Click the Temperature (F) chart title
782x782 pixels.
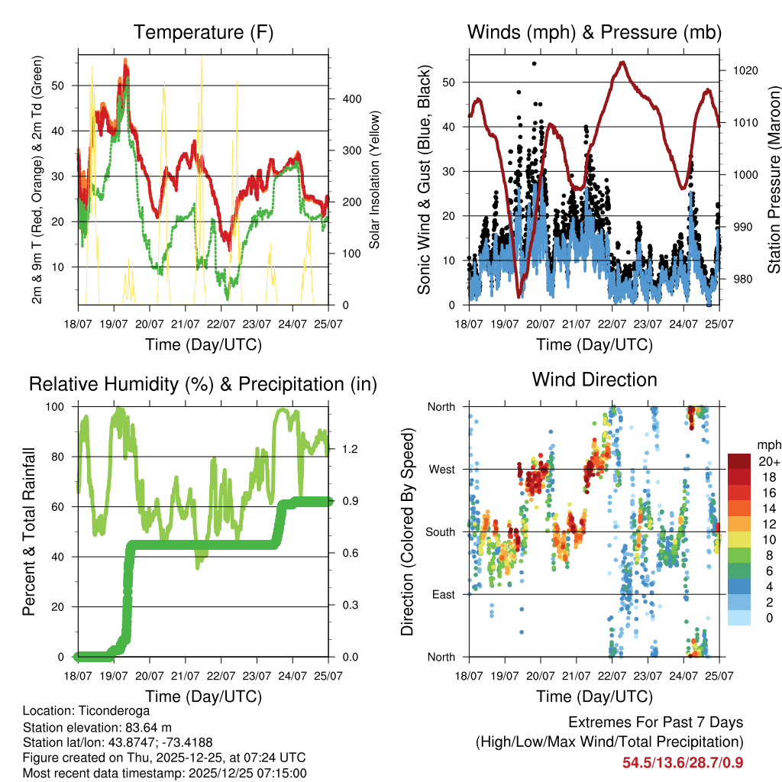coord(203,33)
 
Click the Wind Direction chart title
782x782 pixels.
coord(594,379)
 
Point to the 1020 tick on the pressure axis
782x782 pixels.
coord(743,70)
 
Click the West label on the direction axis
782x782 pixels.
coord(441,469)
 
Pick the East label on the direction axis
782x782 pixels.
coord(442,594)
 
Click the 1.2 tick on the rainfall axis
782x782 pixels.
coord(345,448)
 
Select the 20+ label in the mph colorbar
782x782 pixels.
coord(769,461)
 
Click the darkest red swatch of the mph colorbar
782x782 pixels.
coord(739,461)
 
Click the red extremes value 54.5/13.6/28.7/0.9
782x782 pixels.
coord(683,762)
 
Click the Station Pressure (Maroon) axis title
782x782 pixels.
coord(774,177)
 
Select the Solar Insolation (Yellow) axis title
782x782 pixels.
coord(374,180)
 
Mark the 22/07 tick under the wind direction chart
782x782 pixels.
coord(612,676)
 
